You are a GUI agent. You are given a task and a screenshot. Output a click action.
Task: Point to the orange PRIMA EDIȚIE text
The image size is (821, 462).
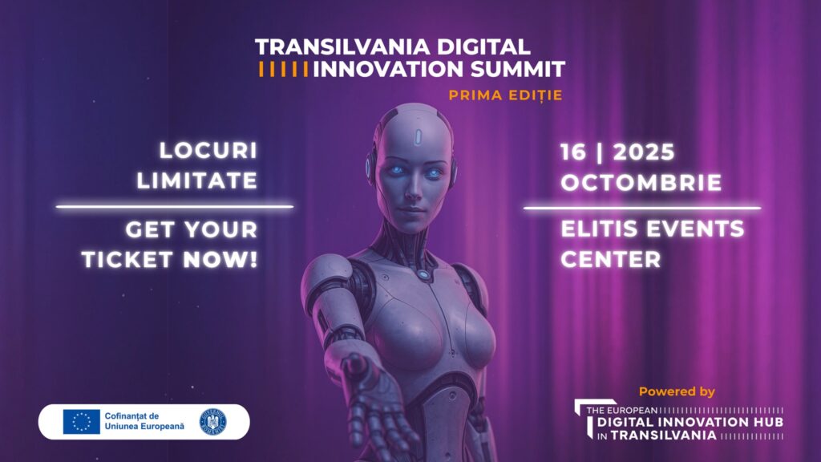[x=505, y=95]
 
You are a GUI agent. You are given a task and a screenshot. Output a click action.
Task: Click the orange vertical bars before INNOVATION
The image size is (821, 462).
[x=283, y=69]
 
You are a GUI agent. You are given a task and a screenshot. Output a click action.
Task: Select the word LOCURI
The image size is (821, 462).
[x=208, y=151]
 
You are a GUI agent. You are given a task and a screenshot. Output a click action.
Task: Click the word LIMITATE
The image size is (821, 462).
[x=197, y=180]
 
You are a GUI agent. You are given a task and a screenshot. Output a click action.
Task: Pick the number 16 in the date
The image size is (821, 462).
[x=573, y=152]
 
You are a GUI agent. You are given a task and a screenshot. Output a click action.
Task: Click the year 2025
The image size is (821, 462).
[x=644, y=152]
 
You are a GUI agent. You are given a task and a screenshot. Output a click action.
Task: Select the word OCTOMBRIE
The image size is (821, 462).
[x=641, y=183]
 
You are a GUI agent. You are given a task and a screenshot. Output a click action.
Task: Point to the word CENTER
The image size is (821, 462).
[x=611, y=259]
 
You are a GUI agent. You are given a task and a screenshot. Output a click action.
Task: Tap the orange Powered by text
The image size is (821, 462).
[x=677, y=391]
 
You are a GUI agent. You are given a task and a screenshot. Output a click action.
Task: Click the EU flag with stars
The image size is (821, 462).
[x=82, y=422]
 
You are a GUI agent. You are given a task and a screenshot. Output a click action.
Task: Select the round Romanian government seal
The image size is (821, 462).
[x=213, y=422]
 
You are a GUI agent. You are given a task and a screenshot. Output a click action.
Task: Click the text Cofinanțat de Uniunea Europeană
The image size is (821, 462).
[x=144, y=421]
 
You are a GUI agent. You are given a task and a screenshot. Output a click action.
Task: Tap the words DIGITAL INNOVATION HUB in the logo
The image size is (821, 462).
[x=690, y=422]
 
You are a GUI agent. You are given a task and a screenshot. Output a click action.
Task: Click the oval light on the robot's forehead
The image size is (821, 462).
[x=418, y=136]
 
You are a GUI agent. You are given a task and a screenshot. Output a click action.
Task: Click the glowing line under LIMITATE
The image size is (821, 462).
[x=174, y=207]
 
